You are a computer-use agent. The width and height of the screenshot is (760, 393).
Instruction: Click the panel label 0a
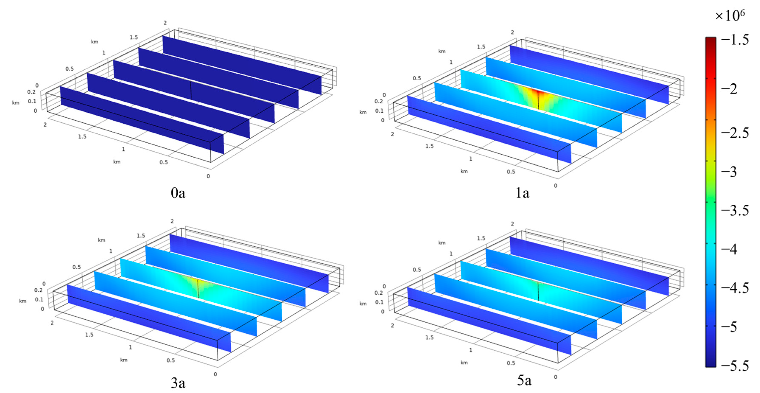tap(178, 193)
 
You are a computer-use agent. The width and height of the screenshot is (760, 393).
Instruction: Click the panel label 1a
tap(522, 193)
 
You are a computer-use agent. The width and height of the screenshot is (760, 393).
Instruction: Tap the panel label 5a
tap(524, 380)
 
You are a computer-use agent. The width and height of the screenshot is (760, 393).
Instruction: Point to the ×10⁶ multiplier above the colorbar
tap(730, 15)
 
